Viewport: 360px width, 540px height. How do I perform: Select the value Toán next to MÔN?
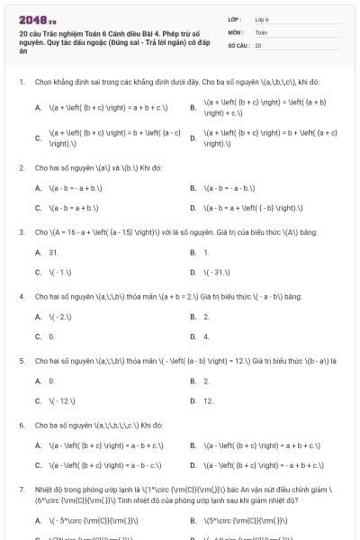coord(261,31)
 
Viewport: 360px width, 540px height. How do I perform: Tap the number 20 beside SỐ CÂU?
coord(258,44)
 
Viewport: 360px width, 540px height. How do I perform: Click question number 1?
coord(21,81)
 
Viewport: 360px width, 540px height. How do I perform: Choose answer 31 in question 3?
coord(53,253)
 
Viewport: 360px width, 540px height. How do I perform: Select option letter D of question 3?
coord(193,272)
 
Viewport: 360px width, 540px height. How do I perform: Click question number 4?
coord(21,295)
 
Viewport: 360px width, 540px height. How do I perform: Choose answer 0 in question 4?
coord(51,337)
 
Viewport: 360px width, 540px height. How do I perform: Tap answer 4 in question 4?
coord(206,337)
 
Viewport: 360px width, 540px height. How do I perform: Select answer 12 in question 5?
coord(208,400)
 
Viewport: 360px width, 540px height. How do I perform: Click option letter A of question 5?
coord(37,382)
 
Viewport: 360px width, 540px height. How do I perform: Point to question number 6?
coord(21,424)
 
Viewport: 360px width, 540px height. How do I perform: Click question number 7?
coord(21,489)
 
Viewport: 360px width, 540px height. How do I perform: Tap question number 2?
coord(21,167)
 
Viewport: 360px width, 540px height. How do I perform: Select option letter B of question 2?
coord(193,188)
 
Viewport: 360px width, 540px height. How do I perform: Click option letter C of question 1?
coord(37,138)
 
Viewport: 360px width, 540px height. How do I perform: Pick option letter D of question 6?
coord(193,465)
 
